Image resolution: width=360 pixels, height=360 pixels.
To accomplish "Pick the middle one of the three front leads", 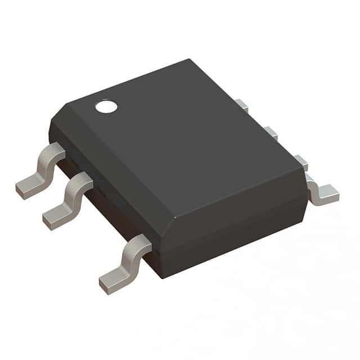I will pos(67,200).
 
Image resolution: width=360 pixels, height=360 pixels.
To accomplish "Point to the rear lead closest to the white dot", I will pos(241,105).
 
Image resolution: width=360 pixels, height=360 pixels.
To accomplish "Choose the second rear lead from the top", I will pos(271,133).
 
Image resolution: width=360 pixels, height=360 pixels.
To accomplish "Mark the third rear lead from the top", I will pos(301,162).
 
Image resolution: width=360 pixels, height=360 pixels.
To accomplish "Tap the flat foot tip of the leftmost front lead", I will pos(26,189).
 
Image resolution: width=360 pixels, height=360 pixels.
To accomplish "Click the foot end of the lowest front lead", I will pos(109,284).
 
